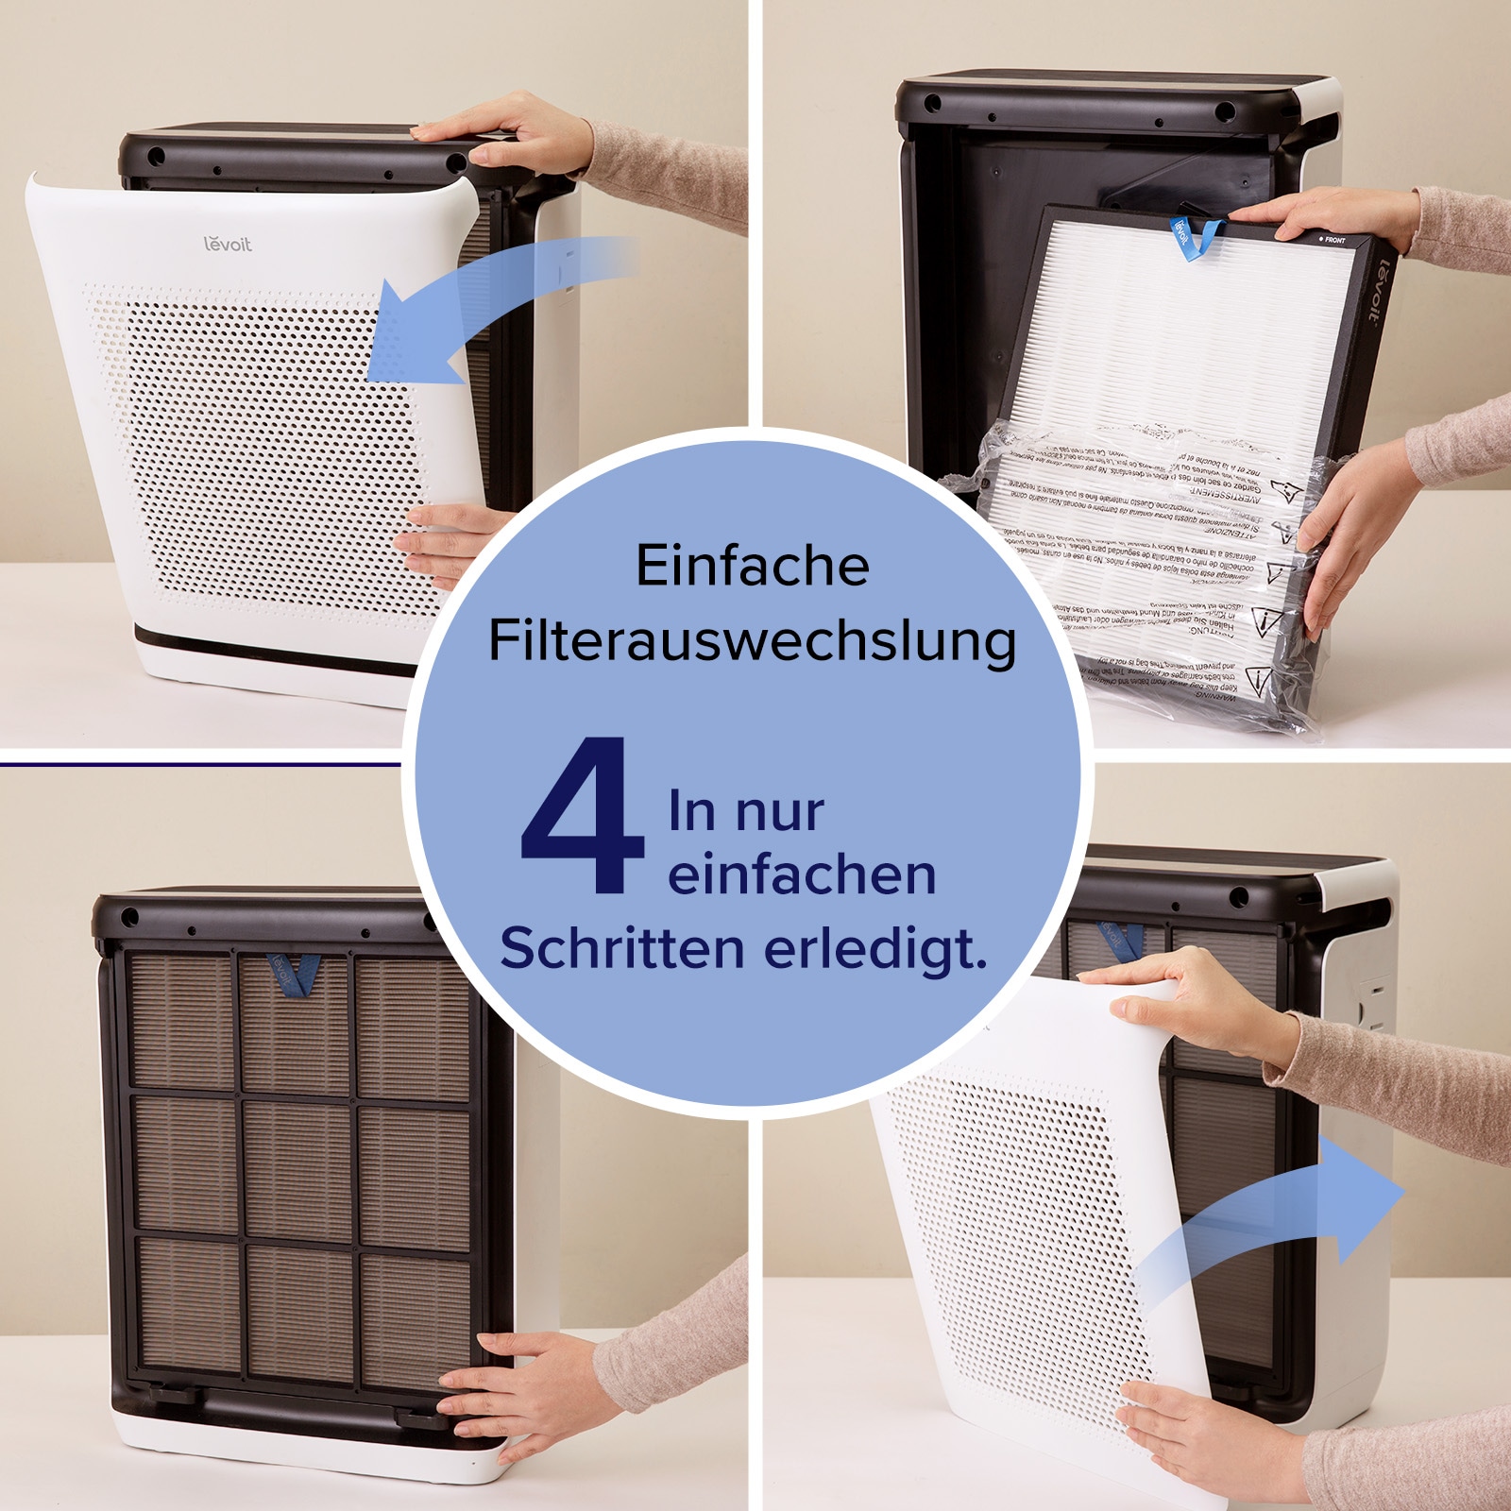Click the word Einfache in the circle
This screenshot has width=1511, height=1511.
pos(752,566)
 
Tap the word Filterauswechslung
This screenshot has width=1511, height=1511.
pos(752,641)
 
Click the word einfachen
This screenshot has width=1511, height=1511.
pos(802,874)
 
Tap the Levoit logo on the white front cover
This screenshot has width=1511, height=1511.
pos(228,244)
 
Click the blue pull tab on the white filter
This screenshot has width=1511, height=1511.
pos(1193,237)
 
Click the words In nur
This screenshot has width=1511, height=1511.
pos(745,811)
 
